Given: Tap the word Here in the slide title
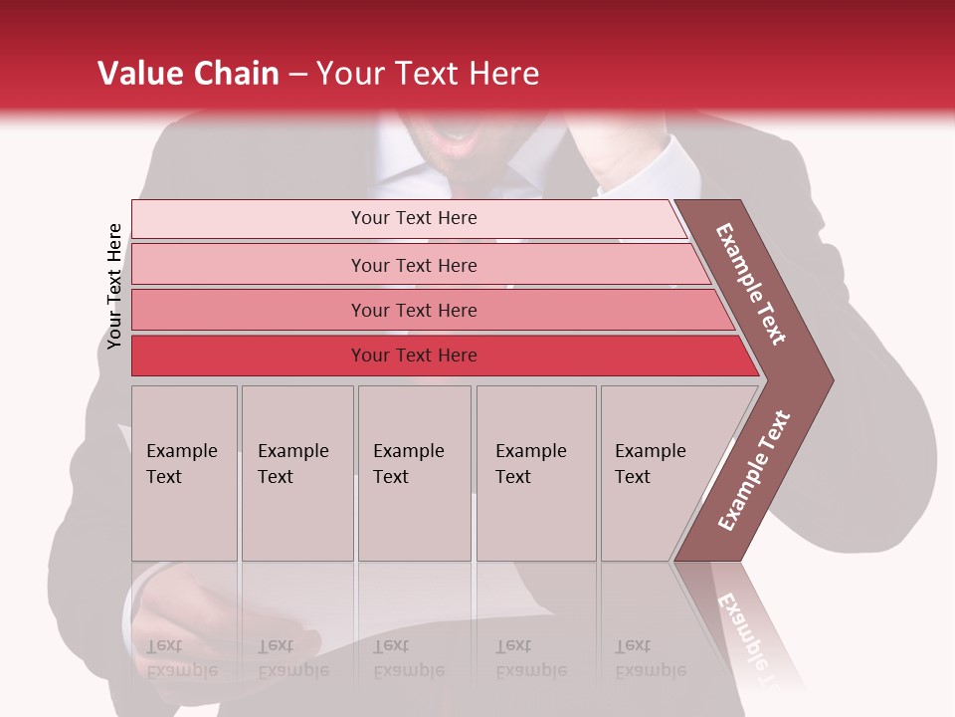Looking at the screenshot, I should (503, 74).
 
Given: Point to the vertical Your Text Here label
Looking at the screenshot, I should (114, 286).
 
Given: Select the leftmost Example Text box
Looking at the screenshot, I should (184, 473).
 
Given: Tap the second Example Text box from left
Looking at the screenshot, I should (297, 473).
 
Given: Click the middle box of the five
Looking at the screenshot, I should (414, 473).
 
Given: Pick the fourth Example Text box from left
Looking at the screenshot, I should (536, 473).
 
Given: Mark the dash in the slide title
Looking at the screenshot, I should (297, 75).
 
